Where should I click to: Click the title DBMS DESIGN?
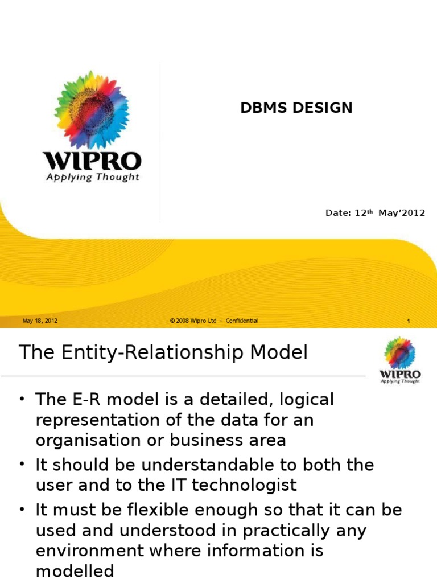296,108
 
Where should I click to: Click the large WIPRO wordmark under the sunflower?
92,161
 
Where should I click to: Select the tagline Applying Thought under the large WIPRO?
92,177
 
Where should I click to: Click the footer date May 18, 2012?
40,321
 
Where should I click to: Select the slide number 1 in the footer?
409,322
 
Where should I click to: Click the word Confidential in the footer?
241,321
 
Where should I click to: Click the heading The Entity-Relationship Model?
163,353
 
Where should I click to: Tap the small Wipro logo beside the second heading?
400,360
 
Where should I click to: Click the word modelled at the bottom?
75,571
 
